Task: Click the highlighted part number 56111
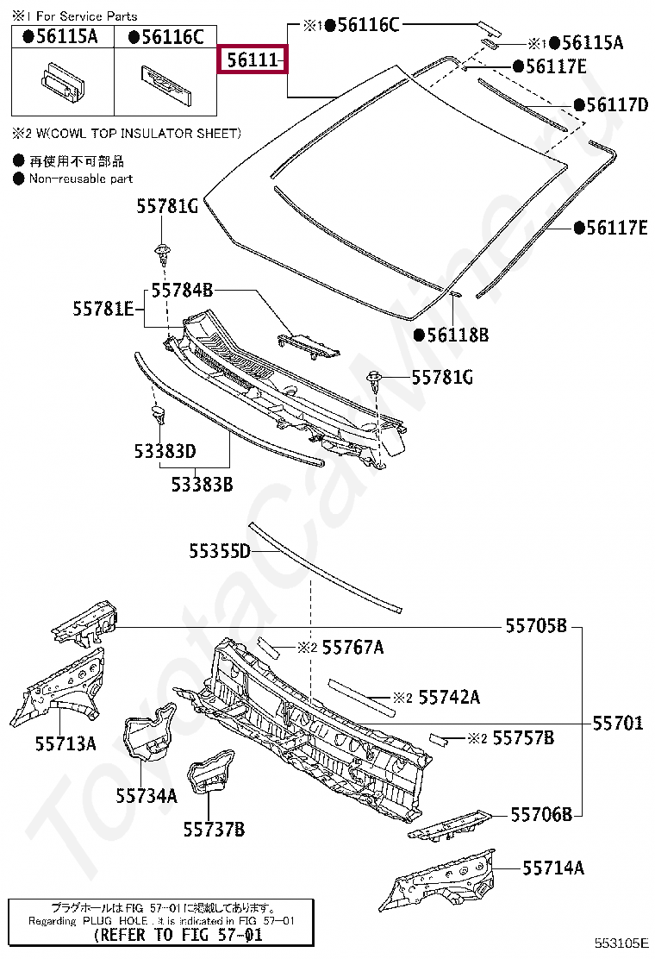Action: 252,60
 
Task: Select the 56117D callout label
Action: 616,105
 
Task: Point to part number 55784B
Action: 182,290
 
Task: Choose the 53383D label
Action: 165,451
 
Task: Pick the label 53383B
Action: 202,484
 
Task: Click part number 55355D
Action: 220,551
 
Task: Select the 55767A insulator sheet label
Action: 353,647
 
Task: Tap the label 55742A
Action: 449,697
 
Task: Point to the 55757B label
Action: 523,738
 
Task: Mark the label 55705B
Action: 536,626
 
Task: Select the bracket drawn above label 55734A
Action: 147,736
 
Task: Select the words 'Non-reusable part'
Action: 81,179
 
